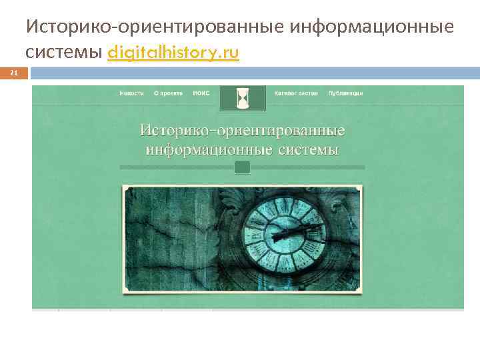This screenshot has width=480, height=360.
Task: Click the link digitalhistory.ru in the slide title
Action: coord(173,53)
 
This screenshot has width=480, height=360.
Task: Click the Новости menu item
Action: coord(131,93)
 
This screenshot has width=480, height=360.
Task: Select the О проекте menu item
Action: coord(167,93)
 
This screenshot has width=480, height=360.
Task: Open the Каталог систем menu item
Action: coord(296,93)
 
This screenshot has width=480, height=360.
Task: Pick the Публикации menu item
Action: coord(345,93)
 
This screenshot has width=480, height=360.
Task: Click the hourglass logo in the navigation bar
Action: coord(243,98)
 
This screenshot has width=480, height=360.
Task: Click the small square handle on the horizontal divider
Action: coord(243,167)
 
